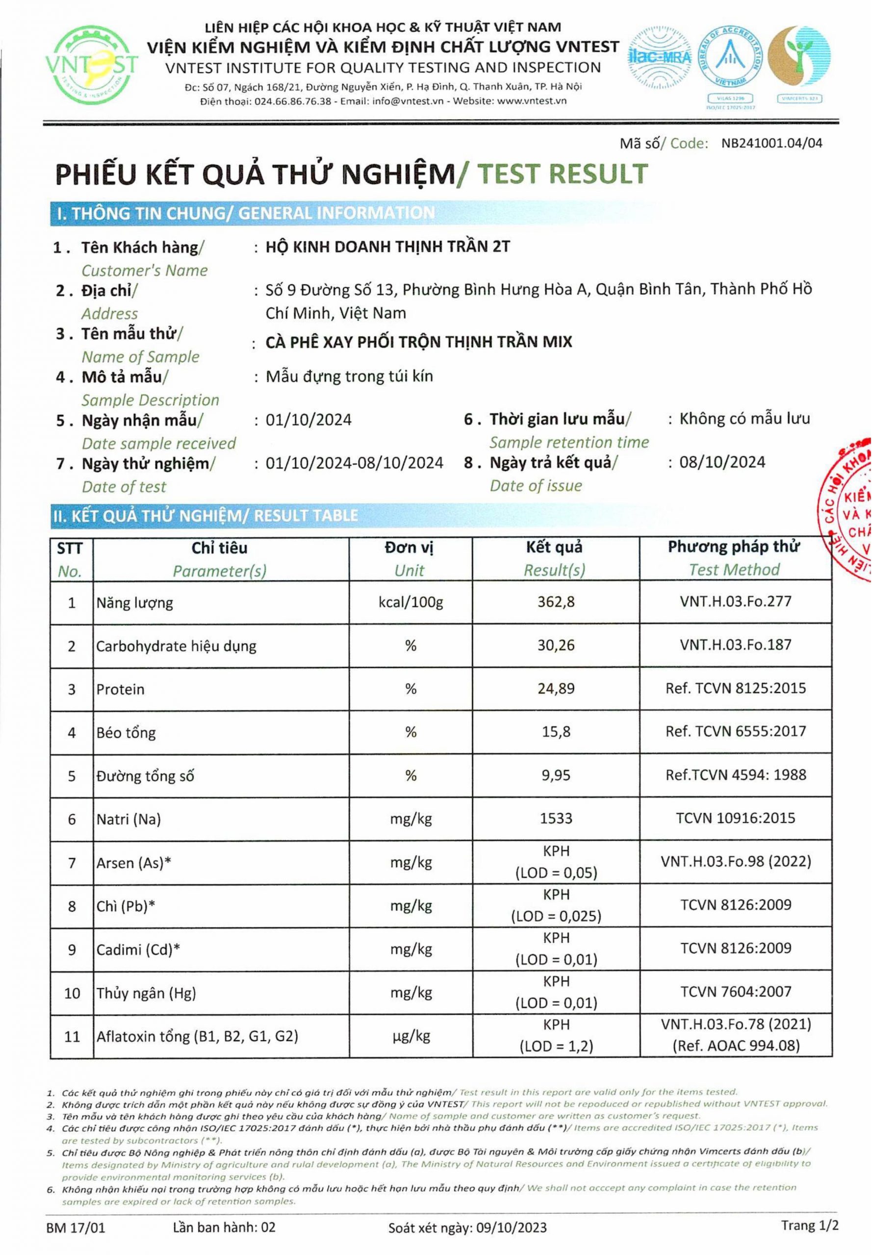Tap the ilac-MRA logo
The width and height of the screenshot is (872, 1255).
(x=660, y=57)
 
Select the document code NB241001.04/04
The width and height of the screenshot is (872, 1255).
(x=771, y=143)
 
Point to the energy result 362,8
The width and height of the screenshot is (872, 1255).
(x=556, y=602)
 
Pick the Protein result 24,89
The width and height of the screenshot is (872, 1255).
(x=556, y=688)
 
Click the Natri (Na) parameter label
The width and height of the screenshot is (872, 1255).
(x=128, y=819)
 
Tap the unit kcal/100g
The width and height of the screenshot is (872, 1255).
(x=410, y=602)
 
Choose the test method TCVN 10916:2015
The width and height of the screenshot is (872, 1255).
(x=735, y=818)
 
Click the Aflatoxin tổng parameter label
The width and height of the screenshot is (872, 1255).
(x=197, y=1036)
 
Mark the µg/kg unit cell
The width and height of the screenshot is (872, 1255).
(x=410, y=1035)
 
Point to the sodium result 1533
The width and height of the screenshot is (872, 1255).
(x=556, y=818)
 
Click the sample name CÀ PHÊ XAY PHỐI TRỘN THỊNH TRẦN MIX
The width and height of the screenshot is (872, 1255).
(x=418, y=342)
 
